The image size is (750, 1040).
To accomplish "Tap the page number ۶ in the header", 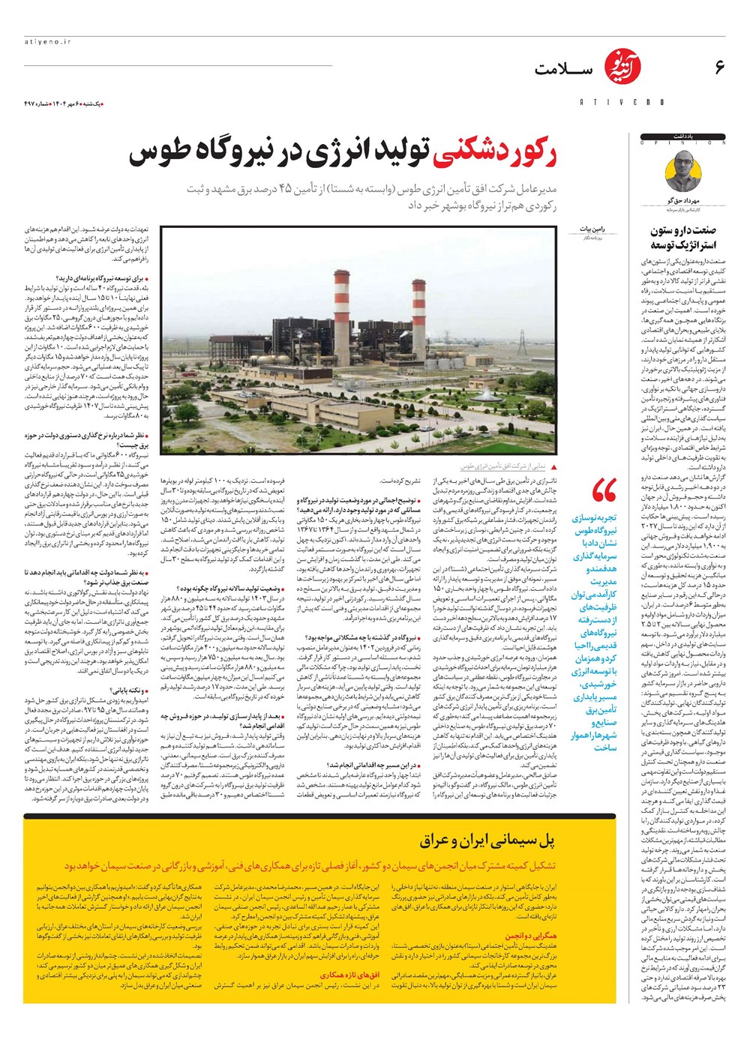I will [x=719, y=67].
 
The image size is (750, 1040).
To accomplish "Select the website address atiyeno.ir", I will [x=46, y=43].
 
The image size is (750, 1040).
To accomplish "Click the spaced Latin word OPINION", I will [x=682, y=142].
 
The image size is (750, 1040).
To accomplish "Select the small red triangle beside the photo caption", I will [x=553, y=466].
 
